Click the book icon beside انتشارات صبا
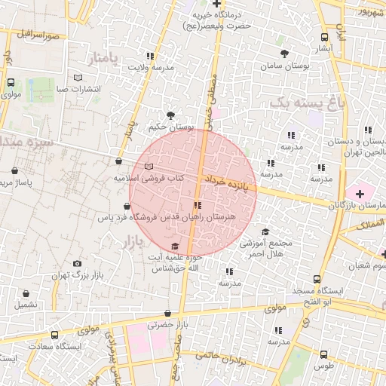click(x=79, y=78)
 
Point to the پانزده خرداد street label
click(x=225, y=183)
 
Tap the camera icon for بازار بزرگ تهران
click(x=77, y=264)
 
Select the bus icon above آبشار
click(x=324, y=37)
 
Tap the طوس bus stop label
click(x=323, y=366)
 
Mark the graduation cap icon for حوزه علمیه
click(x=175, y=247)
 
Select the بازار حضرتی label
click(x=166, y=325)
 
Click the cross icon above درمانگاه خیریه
click(x=216, y=4)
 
